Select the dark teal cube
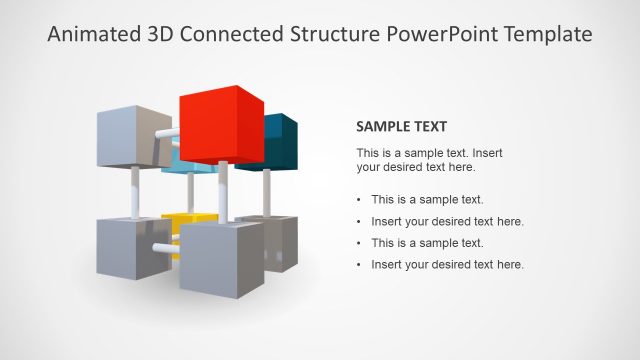click(x=283, y=139)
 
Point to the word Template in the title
click(x=546, y=35)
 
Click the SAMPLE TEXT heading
click(x=401, y=127)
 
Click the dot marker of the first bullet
click(x=359, y=200)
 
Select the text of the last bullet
click(x=447, y=264)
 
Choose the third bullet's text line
click(x=427, y=243)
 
